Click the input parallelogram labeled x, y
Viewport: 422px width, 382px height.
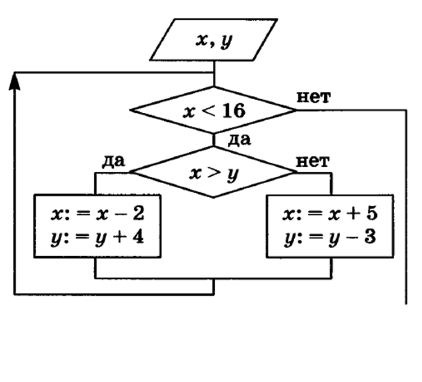214,40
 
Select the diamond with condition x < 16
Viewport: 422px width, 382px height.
214,110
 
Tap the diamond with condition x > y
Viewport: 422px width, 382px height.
214,173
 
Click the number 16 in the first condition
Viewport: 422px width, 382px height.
234,111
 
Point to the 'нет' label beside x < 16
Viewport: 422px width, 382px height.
314,97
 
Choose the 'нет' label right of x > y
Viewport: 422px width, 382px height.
313,161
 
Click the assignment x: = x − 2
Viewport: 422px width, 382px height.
97,214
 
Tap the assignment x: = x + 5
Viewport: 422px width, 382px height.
330,214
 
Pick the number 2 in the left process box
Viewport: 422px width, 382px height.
138,214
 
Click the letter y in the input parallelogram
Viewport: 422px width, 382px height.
225,41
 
